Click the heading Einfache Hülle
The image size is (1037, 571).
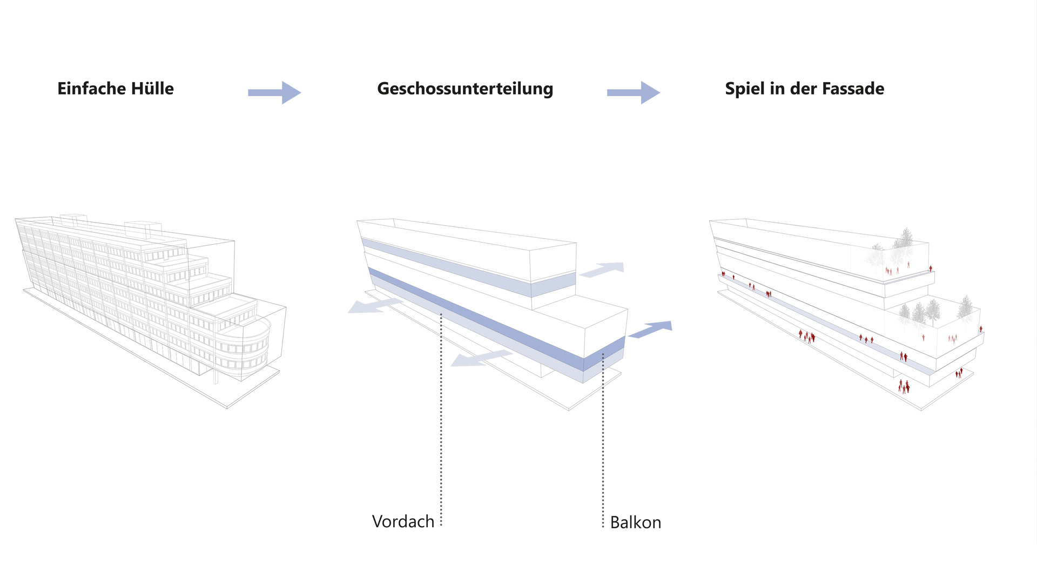tap(116, 89)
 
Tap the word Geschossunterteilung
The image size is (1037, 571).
tap(465, 89)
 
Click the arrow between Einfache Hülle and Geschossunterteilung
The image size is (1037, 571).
tap(274, 92)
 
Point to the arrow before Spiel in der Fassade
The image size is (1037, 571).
tap(634, 92)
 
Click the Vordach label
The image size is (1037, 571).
tap(403, 521)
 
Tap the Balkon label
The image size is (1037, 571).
tap(635, 522)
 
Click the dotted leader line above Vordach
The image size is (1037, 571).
tap(441, 421)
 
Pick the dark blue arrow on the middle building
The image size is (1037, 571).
tap(651, 329)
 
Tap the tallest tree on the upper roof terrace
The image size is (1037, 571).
tap(906, 240)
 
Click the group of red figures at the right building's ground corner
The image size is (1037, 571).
tap(904, 386)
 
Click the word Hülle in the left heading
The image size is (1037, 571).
tap(154, 89)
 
